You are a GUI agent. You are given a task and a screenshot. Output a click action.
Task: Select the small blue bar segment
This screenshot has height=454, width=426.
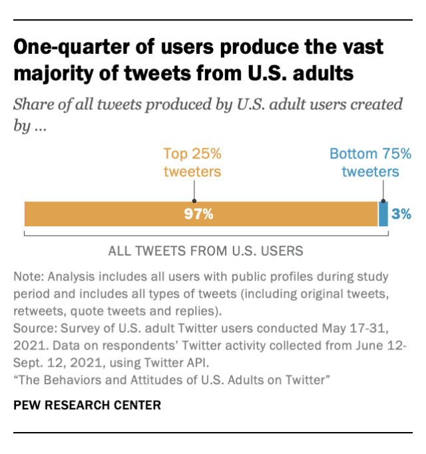pyautogui.click(x=383, y=214)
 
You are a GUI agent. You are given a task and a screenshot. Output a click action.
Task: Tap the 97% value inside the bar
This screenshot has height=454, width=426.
pyautogui.click(x=199, y=214)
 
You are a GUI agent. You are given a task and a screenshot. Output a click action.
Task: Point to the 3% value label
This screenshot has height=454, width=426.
pyautogui.click(x=401, y=214)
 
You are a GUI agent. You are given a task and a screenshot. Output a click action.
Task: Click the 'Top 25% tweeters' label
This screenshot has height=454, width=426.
pyautogui.click(x=192, y=162)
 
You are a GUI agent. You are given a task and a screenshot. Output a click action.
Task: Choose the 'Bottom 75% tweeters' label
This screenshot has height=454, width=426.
pyautogui.click(x=370, y=162)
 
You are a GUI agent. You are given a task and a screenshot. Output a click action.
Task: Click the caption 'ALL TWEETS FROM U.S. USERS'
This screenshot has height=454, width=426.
pyautogui.click(x=206, y=251)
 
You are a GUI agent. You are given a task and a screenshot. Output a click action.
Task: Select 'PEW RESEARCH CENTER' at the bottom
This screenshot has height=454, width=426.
pyautogui.click(x=87, y=405)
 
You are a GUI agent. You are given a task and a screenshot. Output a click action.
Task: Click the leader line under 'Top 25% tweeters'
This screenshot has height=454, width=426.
pyautogui.click(x=193, y=190)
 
